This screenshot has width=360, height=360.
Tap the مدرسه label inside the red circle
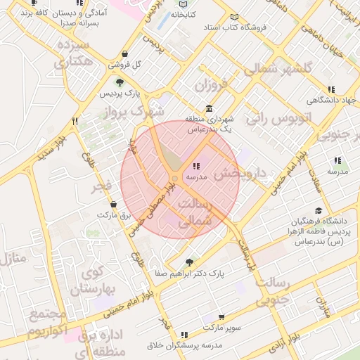click(x=196, y=179)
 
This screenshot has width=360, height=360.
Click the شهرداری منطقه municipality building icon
click(x=209, y=108)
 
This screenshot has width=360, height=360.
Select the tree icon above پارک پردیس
click(x=119, y=83)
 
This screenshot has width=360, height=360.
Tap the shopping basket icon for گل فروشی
click(x=124, y=53)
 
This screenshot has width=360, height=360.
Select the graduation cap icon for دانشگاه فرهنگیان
click(x=319, y=211)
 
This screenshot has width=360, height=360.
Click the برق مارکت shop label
click(x=115, y=214)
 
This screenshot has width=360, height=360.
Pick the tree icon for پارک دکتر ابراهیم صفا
click(x=189, y=262)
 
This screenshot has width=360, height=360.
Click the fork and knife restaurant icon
click(x=75, y=121)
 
